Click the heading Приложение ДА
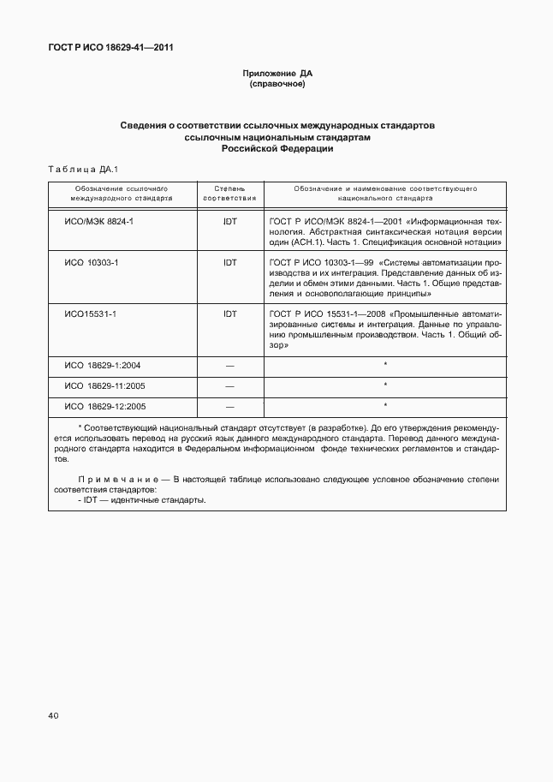(276, 75)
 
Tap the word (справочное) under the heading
(276, 85)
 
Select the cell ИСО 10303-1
(92, 262)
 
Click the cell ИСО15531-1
(91, 314)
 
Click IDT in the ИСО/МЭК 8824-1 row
(229, 220)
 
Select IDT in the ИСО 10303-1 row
(229, 262)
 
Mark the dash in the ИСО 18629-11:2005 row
(229, 386)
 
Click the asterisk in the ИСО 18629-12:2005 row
(385, 404)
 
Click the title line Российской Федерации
(276, 148)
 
